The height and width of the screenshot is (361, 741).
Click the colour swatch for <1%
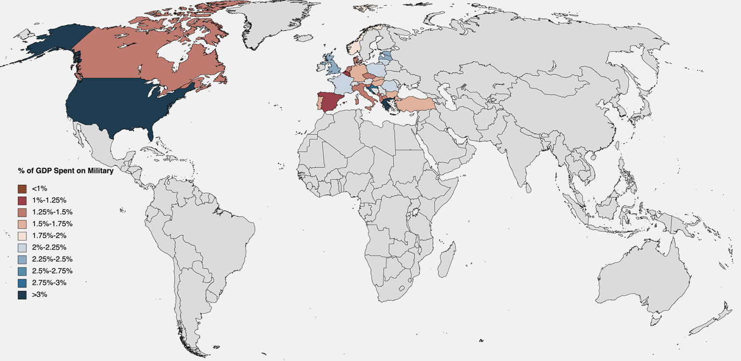22,188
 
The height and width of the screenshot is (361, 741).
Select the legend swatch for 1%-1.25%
22,201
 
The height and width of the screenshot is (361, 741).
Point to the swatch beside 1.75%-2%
22,236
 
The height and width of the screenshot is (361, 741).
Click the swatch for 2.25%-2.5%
22,259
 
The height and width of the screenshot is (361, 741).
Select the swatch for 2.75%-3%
22,283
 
